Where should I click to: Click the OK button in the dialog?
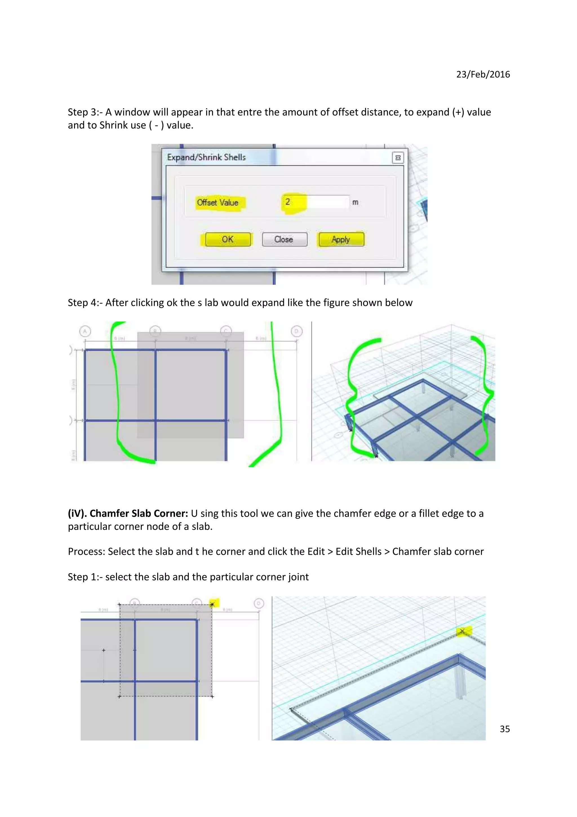coord(228,239)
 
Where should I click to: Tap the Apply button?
coord(341,239)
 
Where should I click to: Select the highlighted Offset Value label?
coord(218,202)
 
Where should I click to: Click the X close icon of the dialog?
coord(398,157)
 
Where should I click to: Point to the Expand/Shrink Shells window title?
coord(206,157)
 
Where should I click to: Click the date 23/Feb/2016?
coord(483,74)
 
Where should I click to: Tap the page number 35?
coord(505,729)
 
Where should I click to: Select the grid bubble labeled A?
coord(85,332)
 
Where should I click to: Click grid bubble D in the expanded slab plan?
coord(296,331)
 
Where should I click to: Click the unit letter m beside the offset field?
coord(355,202)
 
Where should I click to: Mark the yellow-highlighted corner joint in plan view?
coord(213,604)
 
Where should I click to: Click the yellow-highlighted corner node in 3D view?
coord(463,631)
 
